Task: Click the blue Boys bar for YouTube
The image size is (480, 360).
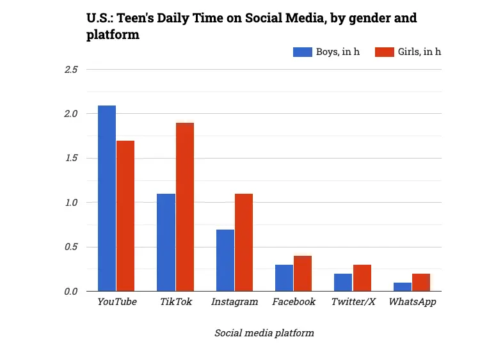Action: pos(107,198)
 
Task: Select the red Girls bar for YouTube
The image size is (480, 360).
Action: pos(125,216)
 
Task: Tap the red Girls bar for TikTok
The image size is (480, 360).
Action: pos(184,207)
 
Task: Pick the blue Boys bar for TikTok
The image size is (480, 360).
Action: pos(166,242)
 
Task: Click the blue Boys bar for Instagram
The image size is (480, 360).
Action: pos(225,260)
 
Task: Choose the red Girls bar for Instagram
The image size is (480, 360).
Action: pos(244,242)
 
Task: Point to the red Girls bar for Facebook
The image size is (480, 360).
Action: pos(303,274)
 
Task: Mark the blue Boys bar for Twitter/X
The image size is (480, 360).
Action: pos(343,283)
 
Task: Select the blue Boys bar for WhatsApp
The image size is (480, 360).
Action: pos(403,287)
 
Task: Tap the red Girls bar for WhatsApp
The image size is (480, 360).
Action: pos(421,283)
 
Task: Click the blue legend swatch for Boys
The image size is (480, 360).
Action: pos(302,52)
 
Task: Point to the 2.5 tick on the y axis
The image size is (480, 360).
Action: pos(71,69)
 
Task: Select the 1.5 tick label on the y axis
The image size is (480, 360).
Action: pos(71,158)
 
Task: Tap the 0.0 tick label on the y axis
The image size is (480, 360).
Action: pos(71,292)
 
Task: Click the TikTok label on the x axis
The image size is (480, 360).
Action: pos(175,302)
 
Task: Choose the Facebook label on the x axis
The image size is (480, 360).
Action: pos(294,302)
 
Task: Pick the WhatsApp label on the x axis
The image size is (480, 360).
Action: pos(412,302)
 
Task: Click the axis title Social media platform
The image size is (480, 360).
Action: pos(264,333)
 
